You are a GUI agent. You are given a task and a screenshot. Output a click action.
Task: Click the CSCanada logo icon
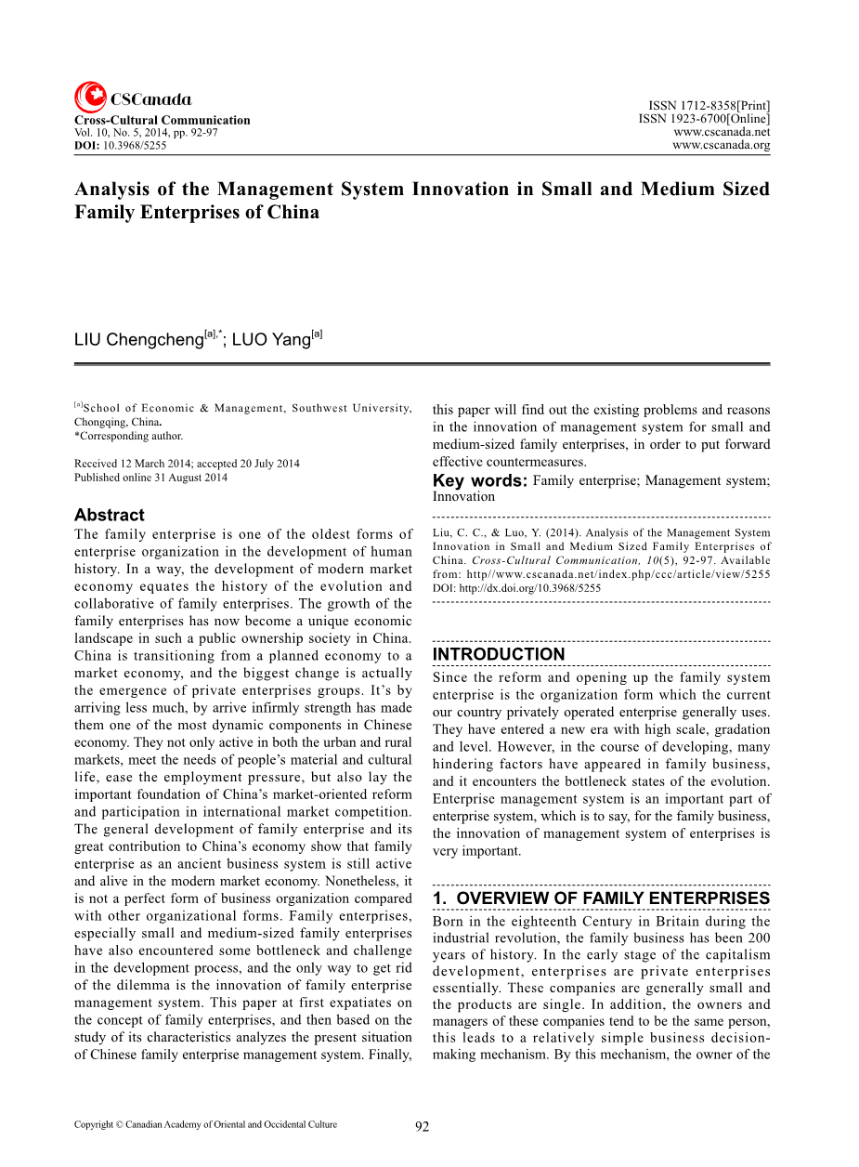coord(90,98)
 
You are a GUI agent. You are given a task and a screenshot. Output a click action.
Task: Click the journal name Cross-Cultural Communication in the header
coord(162,120)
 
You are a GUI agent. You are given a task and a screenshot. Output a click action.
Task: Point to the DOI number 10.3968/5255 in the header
coord(135,145)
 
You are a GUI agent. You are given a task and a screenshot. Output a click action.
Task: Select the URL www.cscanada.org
coord(721,145)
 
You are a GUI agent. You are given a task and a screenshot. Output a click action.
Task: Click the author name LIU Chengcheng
coord(138,339)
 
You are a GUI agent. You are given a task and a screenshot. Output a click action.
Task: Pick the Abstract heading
coord(110,515)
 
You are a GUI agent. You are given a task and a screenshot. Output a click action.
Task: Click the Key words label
coord(479,480)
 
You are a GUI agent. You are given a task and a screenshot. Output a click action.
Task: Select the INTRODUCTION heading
coord(499,654)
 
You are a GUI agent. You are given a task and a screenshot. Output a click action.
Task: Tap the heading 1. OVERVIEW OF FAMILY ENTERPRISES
coord(601,898)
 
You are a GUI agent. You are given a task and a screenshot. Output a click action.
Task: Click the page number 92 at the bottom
coord(422,1127)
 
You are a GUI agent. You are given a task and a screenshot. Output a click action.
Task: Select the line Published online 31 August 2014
coord(150,478)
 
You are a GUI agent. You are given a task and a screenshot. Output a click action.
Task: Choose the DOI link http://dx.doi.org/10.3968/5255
coord(530,588)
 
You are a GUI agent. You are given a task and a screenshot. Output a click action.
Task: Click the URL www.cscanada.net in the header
coord(721,132)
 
